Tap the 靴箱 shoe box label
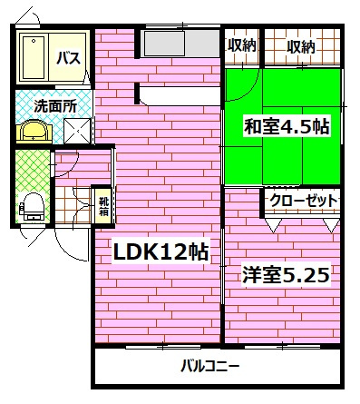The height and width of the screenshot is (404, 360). pyautogui.click(x=103, y=206)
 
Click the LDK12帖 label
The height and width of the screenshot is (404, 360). pyautogui.click(x=160, y=253)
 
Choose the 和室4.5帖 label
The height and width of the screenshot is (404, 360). pyautogui.click(x=286, y=127)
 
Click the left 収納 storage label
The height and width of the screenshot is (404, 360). pyautogui.click(x=242, y=45)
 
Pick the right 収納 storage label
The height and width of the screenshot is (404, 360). pyautogui.click(x=302, y=45)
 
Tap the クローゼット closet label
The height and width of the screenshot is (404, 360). pyautogui.click(x=302, y=201)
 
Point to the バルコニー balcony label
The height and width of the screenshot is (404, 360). pyautogui.click(x=209, y=368)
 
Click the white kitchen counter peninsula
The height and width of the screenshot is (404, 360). pyautogui.click(x=177, y=93)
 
